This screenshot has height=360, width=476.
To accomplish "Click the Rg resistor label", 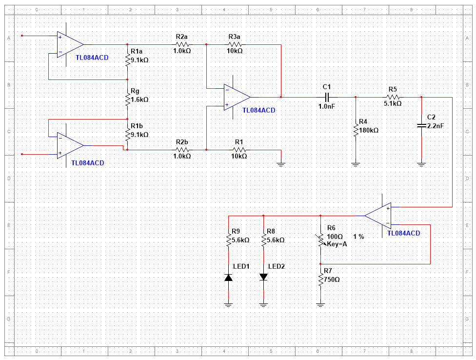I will coord(135,91).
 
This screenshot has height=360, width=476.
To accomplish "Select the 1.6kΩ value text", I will coord(139,99).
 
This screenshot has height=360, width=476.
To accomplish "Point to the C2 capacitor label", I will coord(431,118).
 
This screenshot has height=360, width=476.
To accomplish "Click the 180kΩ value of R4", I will coord(368,130).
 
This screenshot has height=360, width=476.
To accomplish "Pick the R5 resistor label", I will coord(393,89).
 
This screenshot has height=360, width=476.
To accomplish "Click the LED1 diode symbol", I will coord(228,277).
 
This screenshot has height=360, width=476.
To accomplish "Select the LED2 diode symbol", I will coord(263,277).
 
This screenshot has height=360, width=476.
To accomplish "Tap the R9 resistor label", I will coord(236,231).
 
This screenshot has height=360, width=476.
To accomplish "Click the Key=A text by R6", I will coord(337,244).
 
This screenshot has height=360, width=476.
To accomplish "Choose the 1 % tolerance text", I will coord(358,236).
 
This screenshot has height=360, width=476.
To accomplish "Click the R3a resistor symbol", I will coord(234,44).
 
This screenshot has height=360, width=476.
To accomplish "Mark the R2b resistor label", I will coord(181,141).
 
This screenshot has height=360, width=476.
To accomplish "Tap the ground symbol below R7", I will coord(320,305).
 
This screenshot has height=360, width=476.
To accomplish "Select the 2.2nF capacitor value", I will coord(435,125).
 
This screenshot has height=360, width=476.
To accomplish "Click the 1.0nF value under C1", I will coord(326,106).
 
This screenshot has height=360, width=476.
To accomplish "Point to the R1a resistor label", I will coord(137,51).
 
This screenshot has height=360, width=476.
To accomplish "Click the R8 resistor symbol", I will coord(263,240).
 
